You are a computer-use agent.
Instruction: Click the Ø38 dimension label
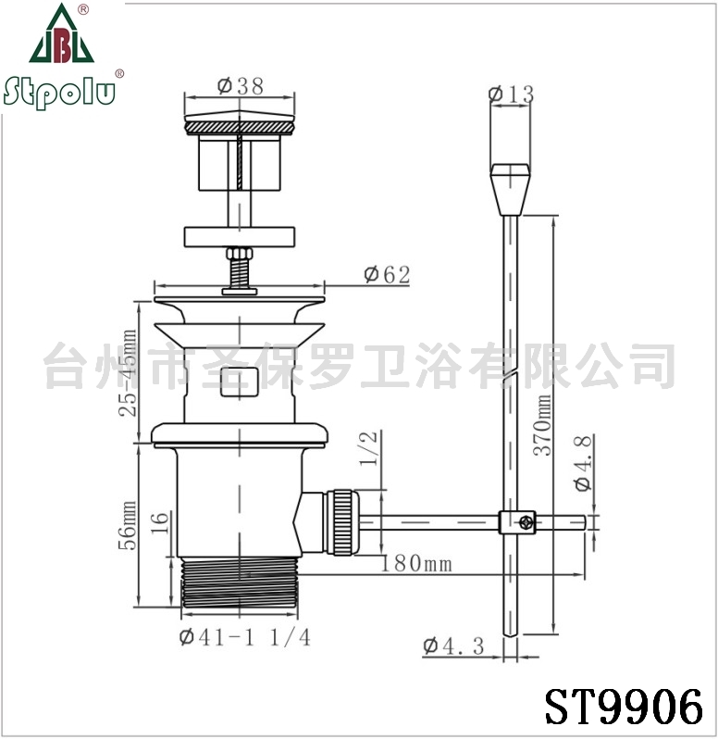click(241, 85)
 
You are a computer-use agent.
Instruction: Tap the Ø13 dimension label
click(511, 94)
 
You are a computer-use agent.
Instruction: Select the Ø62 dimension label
click(387, 274)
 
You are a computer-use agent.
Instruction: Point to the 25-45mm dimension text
click(128, 373)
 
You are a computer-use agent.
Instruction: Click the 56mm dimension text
click(128, 525)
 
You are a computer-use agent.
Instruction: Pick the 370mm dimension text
click(542, 425)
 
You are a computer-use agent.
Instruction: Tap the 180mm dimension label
click(416, 563)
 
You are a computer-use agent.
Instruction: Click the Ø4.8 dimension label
click(583, 463)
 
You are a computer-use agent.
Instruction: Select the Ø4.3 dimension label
click(453, 645)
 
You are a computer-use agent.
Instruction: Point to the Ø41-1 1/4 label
click(245, 637)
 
